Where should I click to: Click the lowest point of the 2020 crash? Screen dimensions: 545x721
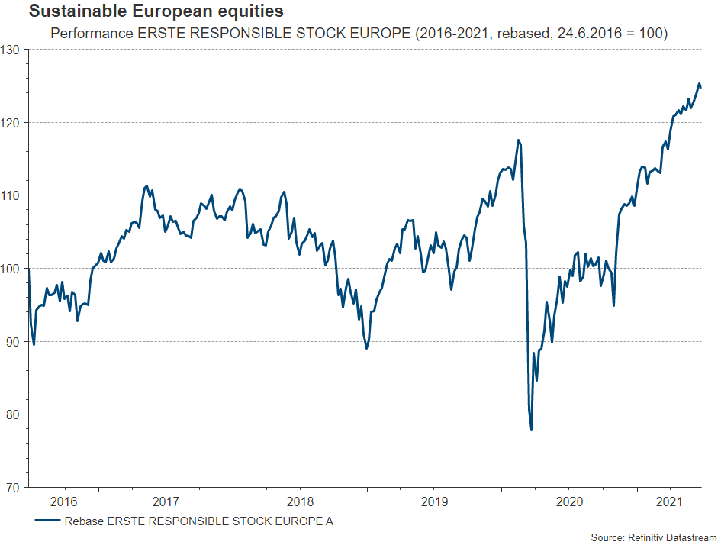pos(531,429)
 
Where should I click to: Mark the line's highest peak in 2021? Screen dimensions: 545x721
pos(699,84)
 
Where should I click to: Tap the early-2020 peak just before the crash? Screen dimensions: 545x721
pos(519,140)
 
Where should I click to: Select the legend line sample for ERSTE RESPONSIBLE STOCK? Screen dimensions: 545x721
pos(47,522)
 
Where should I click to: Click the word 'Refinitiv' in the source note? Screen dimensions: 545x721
pos(645,538)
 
